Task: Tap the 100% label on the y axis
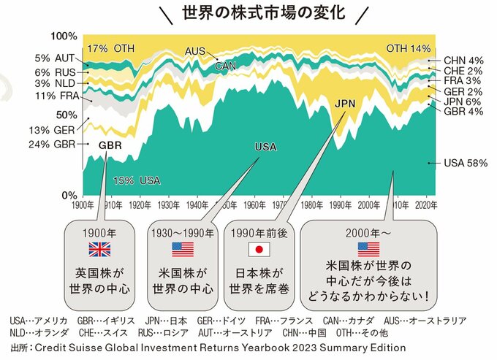64,37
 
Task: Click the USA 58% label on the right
466,163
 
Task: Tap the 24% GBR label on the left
54,144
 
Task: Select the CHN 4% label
464,60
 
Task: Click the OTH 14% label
408,48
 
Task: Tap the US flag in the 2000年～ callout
368,249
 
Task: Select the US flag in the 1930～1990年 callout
182,249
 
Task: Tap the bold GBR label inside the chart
110,145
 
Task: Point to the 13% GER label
54,129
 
